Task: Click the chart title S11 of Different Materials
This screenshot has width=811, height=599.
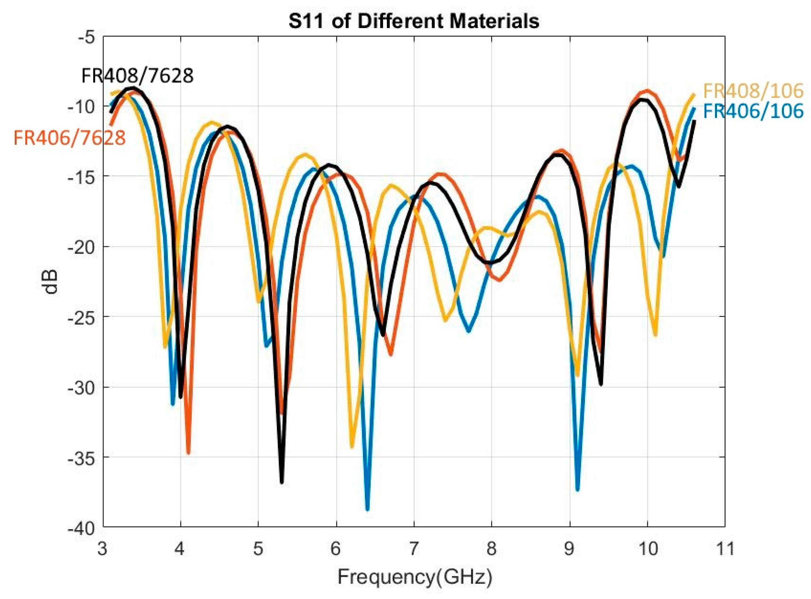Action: coord(414,21)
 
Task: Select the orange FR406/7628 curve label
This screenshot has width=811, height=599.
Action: coord(70,138)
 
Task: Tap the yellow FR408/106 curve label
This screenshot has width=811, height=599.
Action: coord(753,91)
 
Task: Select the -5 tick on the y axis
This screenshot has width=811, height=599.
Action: coord(86,38)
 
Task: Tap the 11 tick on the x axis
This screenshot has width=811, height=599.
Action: coord(724,548)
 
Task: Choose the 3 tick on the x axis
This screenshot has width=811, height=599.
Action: coord(103,548)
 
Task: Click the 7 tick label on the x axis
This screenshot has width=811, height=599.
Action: coord(414,548)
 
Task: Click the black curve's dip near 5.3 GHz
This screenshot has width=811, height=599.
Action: coord(282,482)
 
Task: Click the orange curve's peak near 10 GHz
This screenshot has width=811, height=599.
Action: coord(647,91)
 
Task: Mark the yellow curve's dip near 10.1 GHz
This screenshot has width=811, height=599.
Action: coord(655,335)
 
